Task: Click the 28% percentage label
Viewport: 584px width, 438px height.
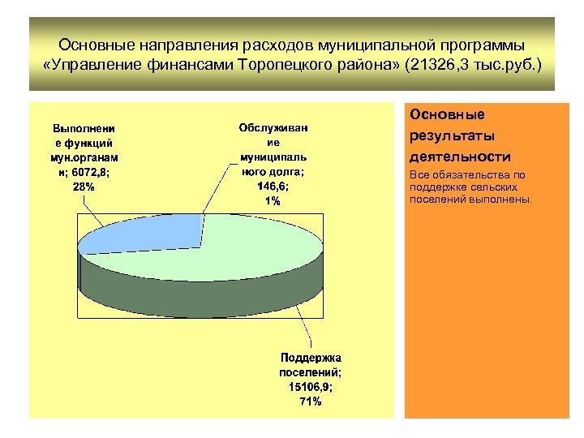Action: pyautogui.click(x=84, y=187)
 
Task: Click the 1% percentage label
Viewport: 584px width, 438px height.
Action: pyautogui.click(x=273, y=200)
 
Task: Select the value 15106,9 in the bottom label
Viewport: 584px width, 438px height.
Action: pyautogui.click(x=311, y=387)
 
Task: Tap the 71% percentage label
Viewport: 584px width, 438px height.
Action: pyautogui.click(x=311, y=401)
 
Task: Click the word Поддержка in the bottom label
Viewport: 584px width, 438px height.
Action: pyautogui.click(x=311, y=358)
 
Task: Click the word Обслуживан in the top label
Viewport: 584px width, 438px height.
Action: pyautogui.click(x=273, y=127)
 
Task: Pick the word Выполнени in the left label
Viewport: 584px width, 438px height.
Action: pyautogui.click(x=84, y=128)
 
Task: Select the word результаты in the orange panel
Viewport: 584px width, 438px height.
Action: pyautogui.click(x=453, y=135)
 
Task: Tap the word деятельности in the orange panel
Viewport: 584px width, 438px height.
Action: pyautogui.click(x=460, y=157)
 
